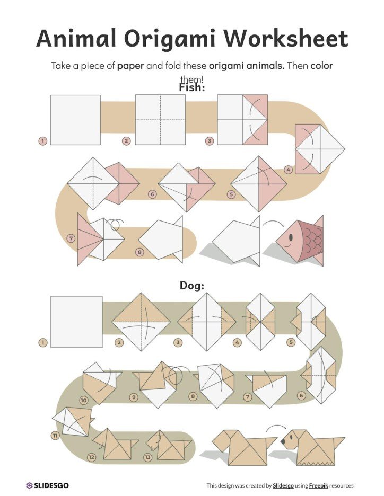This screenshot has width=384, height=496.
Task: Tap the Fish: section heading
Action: click(x=191, y=87)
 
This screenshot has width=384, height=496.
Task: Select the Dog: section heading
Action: click(x=191, y=286)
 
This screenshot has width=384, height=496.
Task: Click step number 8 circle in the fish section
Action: click(x=139, y=252)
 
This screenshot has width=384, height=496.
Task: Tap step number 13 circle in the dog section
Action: click(x=147, y=457)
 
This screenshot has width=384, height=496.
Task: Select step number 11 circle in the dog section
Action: click(x=55, y=436)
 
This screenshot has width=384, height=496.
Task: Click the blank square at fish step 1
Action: click(x=75, y=120)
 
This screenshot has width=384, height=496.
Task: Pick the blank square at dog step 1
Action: click(x=76, y=322)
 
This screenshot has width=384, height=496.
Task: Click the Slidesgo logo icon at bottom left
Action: click(x=29, y=485)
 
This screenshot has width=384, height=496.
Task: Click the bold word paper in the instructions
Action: click(x=130, y=67)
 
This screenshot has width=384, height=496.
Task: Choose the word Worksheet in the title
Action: click(x=285, y=39)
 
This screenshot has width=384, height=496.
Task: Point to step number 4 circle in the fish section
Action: click(x=288, y=170)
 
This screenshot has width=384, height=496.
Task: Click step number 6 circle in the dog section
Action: click(x=301, y=396)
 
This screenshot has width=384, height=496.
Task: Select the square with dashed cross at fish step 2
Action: click(x=160, y=120)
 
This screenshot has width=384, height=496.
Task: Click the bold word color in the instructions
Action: click(x=322, y=67)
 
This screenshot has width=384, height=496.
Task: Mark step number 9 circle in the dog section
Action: click(x=134, y=396)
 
